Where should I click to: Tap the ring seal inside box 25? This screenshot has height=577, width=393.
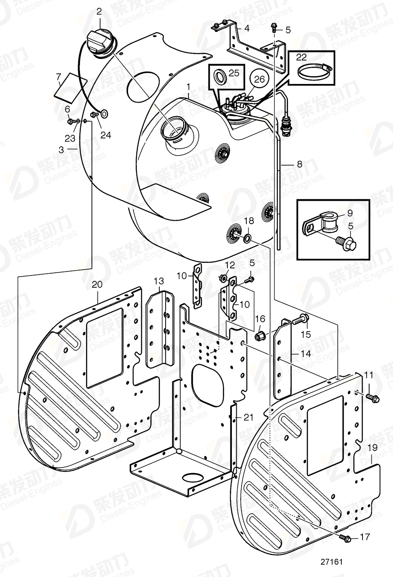click(219, 76)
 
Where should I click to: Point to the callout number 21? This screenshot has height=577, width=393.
click(249, 417)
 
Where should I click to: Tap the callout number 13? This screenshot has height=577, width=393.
click(159, 281)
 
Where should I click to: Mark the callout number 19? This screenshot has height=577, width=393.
click(372, 447)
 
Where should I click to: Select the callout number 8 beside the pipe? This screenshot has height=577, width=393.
click(299, 164)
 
